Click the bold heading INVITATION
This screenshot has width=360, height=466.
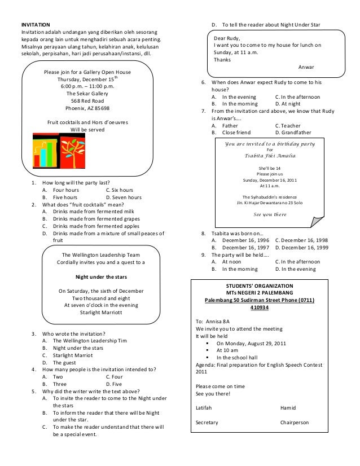(35, 25)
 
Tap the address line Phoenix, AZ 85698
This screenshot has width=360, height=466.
(87, 108)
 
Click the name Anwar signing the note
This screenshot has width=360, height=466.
(306, 67)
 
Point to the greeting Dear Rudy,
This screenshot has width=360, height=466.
(227, 38)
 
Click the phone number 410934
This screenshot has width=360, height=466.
(260, 308)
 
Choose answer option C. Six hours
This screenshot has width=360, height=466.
(120, 190)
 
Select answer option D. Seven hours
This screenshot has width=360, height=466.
(123, 197)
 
